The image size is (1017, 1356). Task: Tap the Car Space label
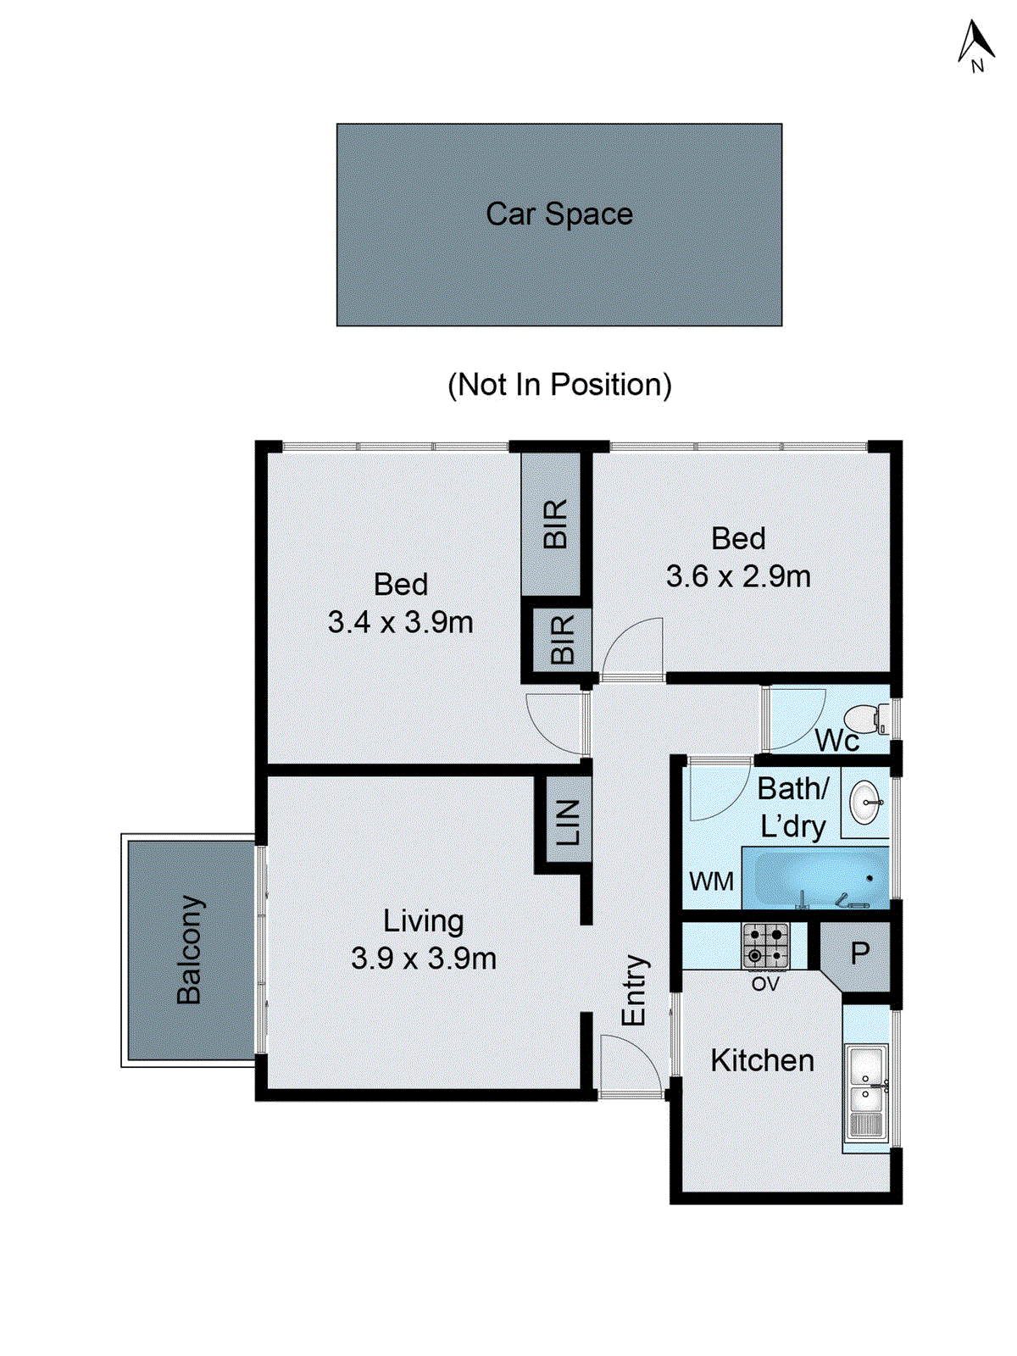(559, 214)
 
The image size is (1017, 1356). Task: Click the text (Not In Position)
(559, 385)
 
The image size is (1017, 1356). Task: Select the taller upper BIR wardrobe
(552, 524)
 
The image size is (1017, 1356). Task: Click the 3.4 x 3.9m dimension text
(400, 623)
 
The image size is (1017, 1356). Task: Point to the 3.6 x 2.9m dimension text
(737, 577)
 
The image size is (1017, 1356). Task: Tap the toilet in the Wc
(868, 720)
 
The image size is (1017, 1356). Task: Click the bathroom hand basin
(865, 802)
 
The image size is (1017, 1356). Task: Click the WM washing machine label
(711, 882)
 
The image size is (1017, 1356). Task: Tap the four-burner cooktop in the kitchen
(766, 946)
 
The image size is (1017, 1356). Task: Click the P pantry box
(859, 954)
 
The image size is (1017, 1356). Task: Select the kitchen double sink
(866, 1092)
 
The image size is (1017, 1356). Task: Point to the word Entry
(634, 990)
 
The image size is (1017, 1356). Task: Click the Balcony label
(190, 949)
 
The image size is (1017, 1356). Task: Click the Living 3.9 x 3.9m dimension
(423, 959)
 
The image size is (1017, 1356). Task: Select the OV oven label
(764, 985)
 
